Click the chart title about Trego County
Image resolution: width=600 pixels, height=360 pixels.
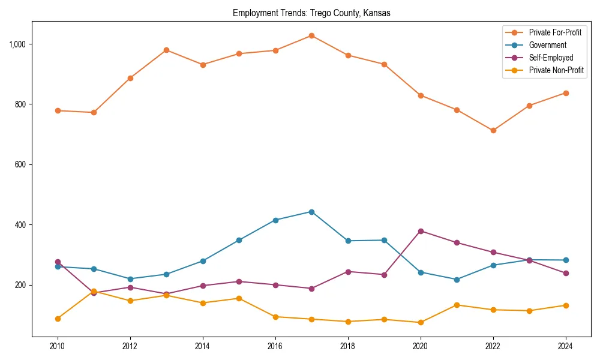pos(311,13)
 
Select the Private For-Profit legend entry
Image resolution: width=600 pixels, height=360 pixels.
pos(555,32)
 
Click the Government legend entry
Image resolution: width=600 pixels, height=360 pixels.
pos(547,45)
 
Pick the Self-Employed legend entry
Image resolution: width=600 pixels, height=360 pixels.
pos(551,58)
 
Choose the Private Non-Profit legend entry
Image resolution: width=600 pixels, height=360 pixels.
pos(556,70)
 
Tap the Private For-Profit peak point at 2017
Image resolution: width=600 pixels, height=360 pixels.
pos(311,35)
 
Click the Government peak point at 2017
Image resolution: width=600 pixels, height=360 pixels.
pos(311,212)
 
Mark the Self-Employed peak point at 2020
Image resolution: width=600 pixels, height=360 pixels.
pos(420,231)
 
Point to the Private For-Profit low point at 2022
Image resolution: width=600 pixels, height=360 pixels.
pos(493,130)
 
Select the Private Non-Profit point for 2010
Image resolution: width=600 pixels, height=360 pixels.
pos(58,319)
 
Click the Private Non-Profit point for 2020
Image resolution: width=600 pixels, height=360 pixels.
pos(420,322)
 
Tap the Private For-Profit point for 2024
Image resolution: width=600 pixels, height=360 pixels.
pos(566,93)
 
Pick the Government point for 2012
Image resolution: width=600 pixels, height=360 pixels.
pos(130,279)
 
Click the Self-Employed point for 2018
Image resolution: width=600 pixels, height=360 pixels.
pos(348,272)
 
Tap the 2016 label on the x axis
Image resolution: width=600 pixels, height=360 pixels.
pos(275,346)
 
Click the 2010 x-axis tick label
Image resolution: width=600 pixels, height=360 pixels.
pos(58,346)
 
